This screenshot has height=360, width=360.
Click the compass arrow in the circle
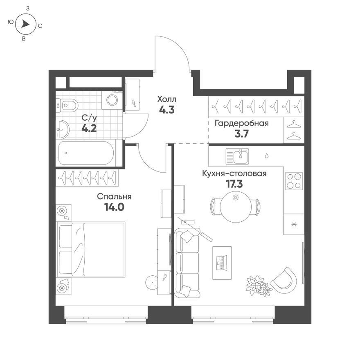[x=25, y=24]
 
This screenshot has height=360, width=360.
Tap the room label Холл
[x=167, y=99]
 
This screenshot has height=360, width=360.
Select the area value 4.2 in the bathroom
[x=89, y=128]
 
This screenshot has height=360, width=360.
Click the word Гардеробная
[x=241, y=124]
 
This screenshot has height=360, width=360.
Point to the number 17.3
[x=234, y=184]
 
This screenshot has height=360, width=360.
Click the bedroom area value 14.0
[x=114, y=207]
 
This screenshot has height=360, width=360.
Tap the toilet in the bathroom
[x=67, y=106]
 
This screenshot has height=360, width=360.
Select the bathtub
[x=86, y=153]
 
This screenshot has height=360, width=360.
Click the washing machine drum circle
[x=112, y=100]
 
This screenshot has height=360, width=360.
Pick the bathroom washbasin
[x=62, y=130]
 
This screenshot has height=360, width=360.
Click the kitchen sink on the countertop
[x=237, y=156]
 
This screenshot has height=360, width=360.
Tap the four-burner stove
[x=294, y=181]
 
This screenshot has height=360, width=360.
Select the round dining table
[x=235, y=207]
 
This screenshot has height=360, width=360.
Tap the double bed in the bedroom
[x=91, y=249]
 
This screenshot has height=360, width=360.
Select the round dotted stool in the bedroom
[x=151, y=282]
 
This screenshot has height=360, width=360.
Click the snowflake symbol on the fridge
[x=294, y=224]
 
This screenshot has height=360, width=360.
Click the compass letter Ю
[x=11, y=22]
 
